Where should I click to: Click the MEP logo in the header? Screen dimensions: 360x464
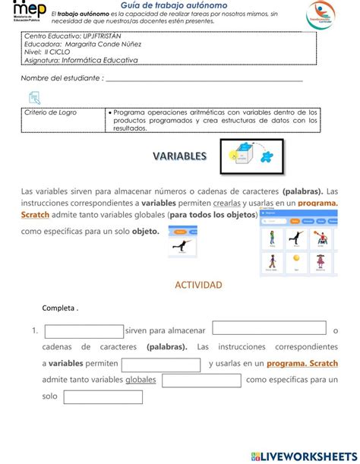coord(29,13)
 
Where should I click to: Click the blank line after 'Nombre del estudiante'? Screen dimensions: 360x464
coord(204,79)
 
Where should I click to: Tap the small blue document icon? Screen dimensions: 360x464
coord(34,97)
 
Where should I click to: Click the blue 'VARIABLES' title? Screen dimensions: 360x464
coord(179,156)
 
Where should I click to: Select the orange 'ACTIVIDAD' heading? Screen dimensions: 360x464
coord(198,285)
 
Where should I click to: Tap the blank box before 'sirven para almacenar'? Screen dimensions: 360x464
coord(84,331)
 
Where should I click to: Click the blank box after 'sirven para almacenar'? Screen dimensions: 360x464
coord(269,328)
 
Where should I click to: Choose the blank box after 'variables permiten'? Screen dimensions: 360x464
coord(160,365)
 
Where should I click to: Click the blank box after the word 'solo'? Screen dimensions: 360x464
coord(92,396)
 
